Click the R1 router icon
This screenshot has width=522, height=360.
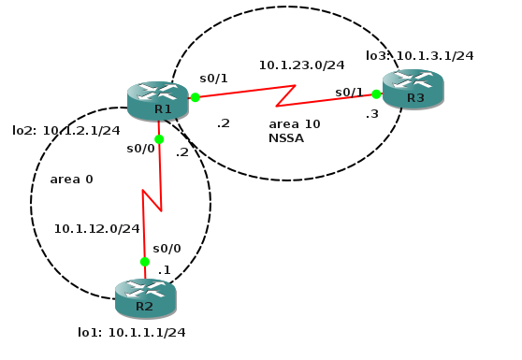click(x=157, y=101)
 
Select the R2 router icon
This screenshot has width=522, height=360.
click(x=145, y=297)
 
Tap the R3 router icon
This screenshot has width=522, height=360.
click(x=413, y=89)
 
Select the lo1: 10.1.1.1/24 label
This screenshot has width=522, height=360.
click(x=131, y=332)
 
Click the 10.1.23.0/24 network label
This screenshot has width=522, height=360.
click(x=301, y=65)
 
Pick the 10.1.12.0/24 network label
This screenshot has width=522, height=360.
click(x=97, y=227)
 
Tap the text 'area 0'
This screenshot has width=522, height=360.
click(x=71, y=179)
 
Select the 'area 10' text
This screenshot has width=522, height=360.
click(x=294, y=123)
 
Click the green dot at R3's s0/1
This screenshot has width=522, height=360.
click(x=376, y=94)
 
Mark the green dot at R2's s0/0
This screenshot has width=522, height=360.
click(x=144, y=262)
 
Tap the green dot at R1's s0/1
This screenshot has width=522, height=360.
click(x=195, y=97)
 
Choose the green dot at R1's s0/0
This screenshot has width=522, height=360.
click(x=159, y=138)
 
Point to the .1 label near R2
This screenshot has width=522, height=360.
click(x=164, y=270)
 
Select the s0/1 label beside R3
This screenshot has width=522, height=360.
click(x=349, y=92)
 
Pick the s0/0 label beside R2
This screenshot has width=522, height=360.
click(x=167, y=249)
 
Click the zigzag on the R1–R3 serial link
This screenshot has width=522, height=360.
click(x=286, y=95)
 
